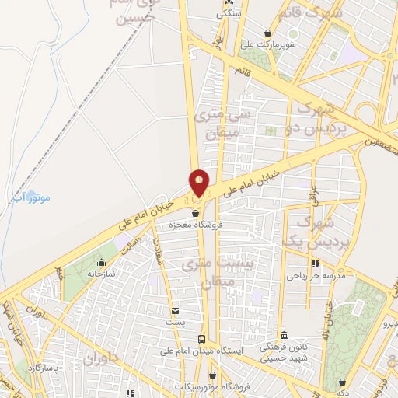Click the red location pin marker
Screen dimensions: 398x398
tap(200, 183)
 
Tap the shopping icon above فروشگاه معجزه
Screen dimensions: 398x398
tap(195, 211)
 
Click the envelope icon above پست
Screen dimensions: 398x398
tap(175, 310)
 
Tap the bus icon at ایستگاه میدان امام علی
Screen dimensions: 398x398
tap(201, 340)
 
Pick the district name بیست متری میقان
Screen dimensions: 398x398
tap(207, 274)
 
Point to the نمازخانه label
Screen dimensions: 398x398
tap(100, 274)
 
